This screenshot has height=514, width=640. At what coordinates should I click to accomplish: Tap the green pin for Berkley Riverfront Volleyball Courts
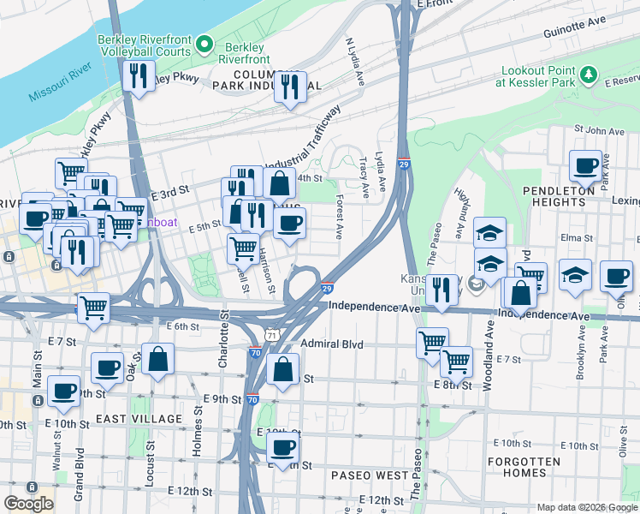click(x=204, y=42)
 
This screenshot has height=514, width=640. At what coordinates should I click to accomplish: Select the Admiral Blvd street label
click(x=332, y=344)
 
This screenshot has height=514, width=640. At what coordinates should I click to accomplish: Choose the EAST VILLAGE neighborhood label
click(x=139, y=419)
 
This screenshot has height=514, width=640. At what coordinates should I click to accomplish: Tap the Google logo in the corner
click(x=28, y=504)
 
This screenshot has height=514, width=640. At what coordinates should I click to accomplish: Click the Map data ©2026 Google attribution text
click(x=586, y=507)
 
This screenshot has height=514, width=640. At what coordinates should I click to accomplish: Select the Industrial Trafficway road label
click(x=304, y=140)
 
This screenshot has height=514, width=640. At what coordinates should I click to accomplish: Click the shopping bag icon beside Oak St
click(x=158, y=360)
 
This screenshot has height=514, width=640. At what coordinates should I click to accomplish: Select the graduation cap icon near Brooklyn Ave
click(x=575, y=276)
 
